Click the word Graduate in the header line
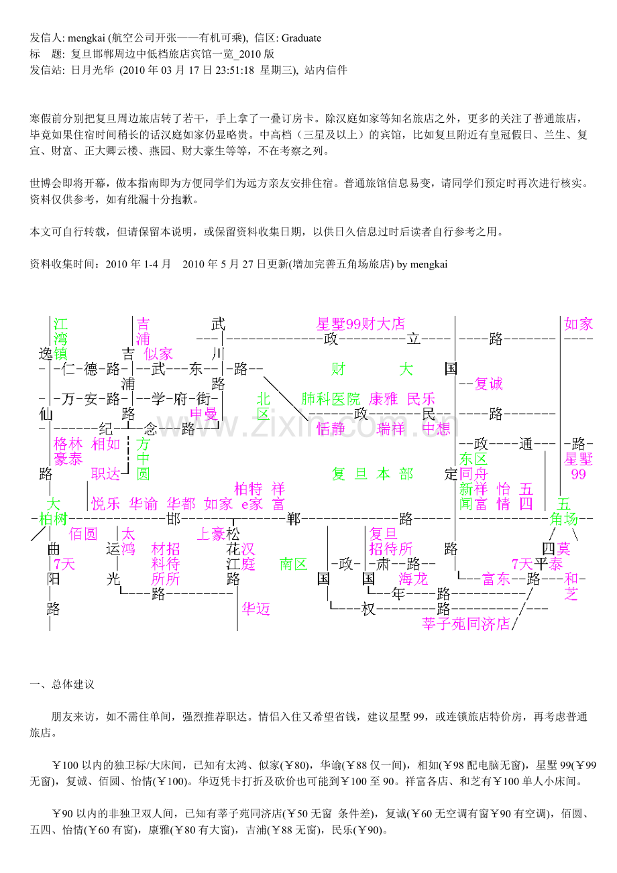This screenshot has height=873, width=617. click(301, 38)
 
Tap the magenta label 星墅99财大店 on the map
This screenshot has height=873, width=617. click(361, 324)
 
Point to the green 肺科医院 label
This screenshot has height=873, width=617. click(331, 399)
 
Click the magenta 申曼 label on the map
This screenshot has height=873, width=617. click(203, 414)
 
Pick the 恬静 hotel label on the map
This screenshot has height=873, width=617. click(331, 428)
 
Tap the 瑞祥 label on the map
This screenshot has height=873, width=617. click(391, 428)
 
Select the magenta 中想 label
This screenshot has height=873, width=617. click(436, 428)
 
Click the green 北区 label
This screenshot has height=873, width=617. click(264, 406)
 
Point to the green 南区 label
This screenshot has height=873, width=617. click(294, 564)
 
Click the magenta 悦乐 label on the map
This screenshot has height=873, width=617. click(105, 504)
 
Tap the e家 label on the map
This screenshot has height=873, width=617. click(251, 504)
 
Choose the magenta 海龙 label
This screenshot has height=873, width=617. click(413, 579)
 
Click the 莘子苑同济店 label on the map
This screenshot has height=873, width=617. click(466, 624)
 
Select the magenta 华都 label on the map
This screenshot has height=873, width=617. click(181, 504)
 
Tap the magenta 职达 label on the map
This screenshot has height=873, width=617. click(105, 474)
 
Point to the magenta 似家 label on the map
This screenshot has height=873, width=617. click(158, 354)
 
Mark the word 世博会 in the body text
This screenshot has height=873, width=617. click(46, 183)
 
